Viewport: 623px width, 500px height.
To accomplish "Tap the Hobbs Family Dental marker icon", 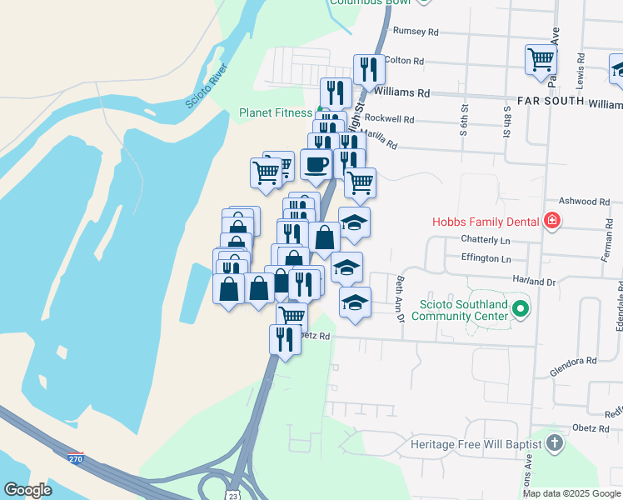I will coord(551,221).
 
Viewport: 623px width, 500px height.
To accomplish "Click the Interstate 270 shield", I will coord(76,458).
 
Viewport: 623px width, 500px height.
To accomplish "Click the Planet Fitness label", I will coord(276,112).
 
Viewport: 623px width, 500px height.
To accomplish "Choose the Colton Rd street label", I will coord(406,61).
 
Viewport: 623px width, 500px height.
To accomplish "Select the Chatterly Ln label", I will coord(485,240).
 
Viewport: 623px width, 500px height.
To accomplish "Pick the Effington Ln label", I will coord(486,258).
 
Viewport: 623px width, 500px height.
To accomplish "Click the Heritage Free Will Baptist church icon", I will coord(554,444).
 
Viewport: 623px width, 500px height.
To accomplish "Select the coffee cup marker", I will coord(316,165).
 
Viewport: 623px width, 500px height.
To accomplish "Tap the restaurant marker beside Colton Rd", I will coord(368,69).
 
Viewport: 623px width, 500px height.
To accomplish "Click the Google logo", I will coord(27,490).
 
